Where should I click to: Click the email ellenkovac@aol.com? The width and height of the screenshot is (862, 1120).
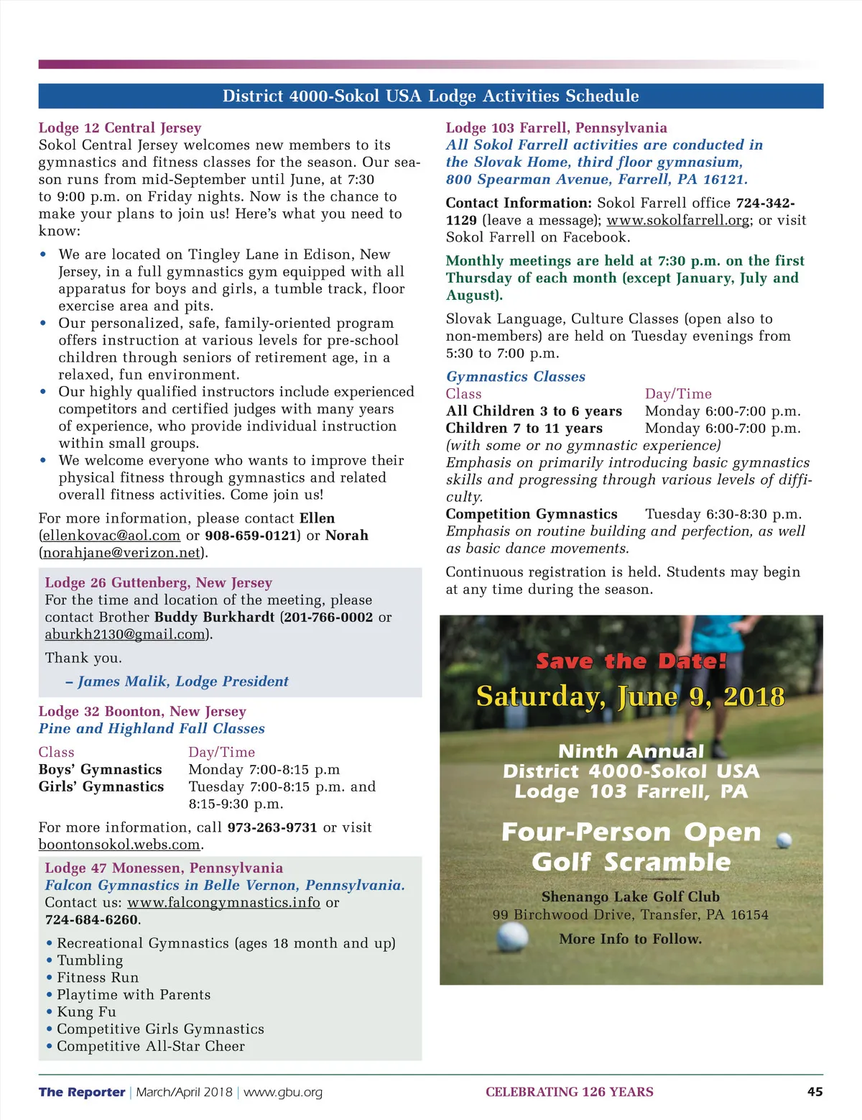(x=111, y=536)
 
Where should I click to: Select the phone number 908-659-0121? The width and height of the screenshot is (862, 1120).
(x=251, y=536)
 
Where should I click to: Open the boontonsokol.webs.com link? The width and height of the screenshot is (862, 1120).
(x=119, y=845)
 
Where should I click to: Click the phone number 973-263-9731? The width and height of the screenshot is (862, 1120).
(x=272, y=827)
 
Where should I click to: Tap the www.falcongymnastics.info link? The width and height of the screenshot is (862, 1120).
(x=223, y=902)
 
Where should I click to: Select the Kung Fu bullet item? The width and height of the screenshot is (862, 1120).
(x=86, y=1012)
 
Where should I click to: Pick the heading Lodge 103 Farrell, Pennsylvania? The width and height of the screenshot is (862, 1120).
(x=556, y=128)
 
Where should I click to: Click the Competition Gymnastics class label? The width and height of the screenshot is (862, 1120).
(x=532, y=514)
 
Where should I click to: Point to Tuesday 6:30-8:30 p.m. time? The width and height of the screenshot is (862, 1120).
(x=723, y=514)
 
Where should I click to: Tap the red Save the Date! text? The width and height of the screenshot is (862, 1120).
(x=631, y=661)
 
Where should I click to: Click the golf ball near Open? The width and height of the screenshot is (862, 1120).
(x=784, y=840)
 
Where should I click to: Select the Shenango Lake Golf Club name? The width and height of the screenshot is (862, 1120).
(x=630, y=896)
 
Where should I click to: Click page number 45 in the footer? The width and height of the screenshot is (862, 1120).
(x=815, y=1092)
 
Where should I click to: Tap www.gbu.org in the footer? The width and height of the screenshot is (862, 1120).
(x=283, y=1093)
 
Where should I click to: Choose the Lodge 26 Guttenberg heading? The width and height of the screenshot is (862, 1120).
(x=159, y=583)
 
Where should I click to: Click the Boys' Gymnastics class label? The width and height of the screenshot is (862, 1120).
(x=101, y=770)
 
